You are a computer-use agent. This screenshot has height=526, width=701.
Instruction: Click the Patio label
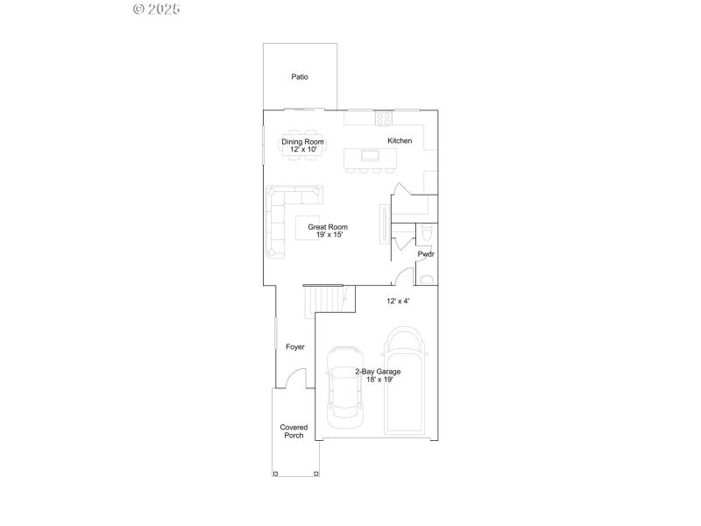300,77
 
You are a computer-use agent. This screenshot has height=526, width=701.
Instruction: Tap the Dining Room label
302,142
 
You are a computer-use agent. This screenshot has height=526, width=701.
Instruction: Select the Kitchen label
400,141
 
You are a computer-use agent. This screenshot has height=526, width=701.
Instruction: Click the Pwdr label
426,254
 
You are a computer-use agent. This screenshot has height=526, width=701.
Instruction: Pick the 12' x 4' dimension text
399,302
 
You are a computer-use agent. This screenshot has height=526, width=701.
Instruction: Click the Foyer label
295,347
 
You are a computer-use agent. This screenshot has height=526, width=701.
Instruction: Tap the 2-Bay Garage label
379,372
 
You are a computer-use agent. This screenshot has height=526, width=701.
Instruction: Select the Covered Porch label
294,431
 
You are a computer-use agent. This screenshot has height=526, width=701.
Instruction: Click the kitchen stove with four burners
383,117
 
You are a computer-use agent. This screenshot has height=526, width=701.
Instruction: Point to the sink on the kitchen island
371,156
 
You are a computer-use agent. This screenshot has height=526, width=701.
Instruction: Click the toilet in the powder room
426,232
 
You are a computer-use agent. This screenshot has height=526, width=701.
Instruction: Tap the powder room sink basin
426,280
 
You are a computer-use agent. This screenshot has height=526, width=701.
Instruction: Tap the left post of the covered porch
276,473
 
